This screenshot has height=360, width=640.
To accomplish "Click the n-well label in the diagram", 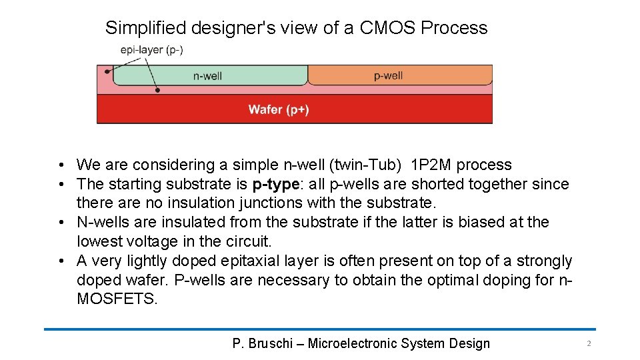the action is click(207, 76).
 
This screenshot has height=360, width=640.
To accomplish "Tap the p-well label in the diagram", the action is click(388, 75).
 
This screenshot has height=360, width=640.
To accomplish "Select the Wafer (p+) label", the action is click(278, 109).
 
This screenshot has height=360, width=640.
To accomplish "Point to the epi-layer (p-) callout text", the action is click(152, 49).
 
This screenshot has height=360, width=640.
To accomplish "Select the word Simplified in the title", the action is click(145, 28).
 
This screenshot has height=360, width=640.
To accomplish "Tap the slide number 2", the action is click(589, 343).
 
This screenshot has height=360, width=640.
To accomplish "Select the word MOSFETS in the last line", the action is click(117, 299).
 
